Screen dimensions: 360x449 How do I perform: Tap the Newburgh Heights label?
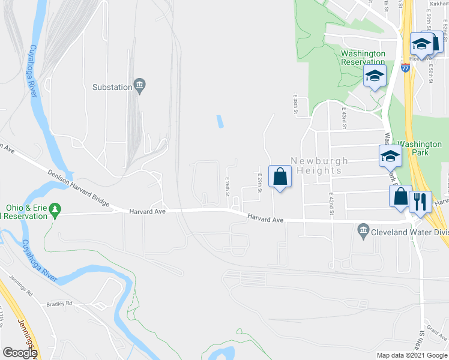point(316,166)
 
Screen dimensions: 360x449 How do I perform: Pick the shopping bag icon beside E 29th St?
point(280,176)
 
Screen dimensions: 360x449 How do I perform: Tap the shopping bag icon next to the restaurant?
point(400,196)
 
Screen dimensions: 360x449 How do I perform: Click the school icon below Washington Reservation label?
point(375,76)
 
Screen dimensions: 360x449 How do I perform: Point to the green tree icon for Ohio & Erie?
point(56,209)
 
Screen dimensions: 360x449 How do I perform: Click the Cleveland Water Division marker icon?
point(363,229)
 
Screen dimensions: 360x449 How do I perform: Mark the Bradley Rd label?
point(60,304)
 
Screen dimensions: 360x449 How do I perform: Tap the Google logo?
point(20,353)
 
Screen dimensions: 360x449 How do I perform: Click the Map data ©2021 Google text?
point(411,355)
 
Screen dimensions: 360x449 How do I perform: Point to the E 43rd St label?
point(345,118)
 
